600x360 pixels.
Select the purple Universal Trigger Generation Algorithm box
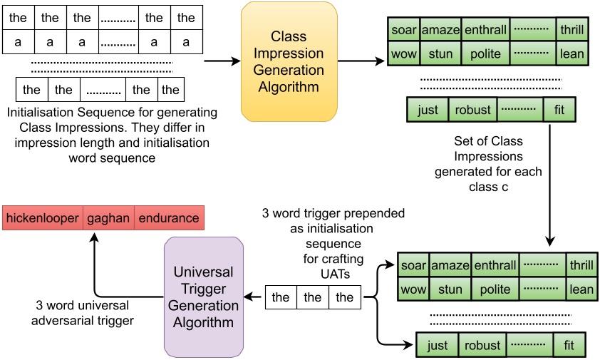(x=204, y=297)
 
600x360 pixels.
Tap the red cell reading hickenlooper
(x=43, y=218)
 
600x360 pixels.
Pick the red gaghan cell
(x=108, y=218)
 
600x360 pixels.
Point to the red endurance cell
(x=169, y=218)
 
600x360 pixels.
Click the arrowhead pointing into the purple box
(x=249, y=297)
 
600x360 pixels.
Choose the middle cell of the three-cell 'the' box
(x=313, y=297)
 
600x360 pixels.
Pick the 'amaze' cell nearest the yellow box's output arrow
(x=440, y=31)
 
